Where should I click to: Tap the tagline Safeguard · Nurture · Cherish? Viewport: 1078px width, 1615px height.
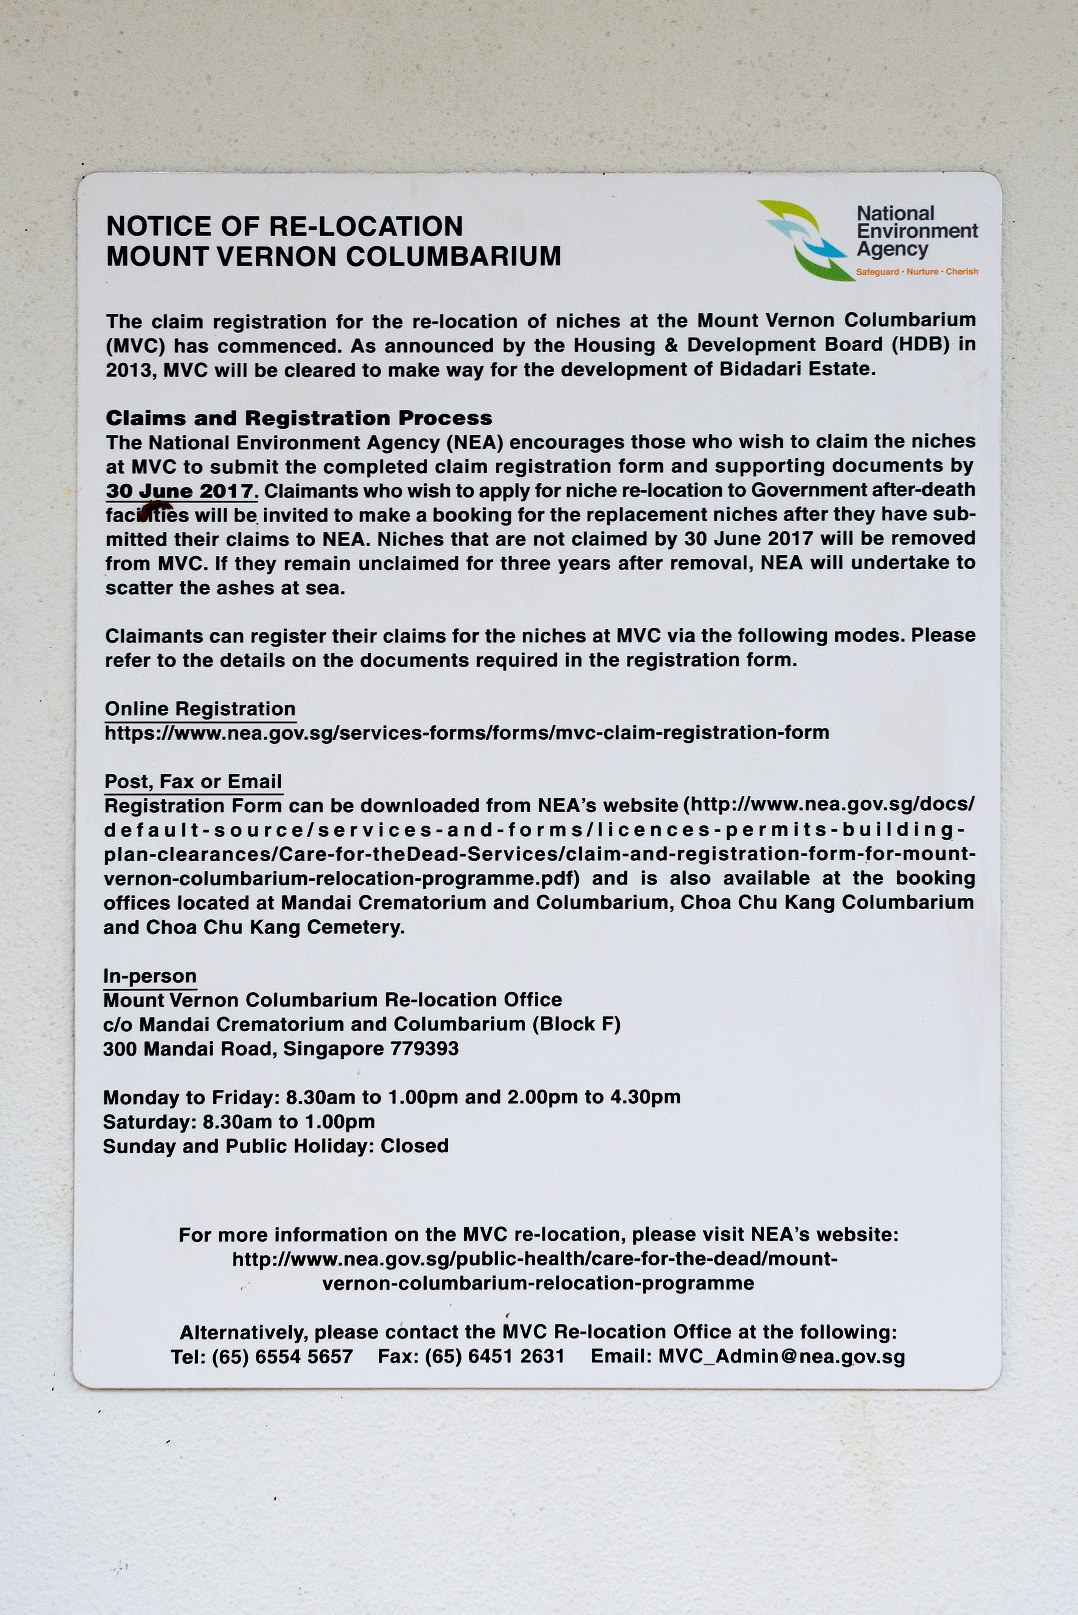(917, 272)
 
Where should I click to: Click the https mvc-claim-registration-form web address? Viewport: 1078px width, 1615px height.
(466, 733)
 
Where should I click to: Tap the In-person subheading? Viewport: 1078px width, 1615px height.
(150, 976)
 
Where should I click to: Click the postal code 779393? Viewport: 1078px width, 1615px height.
(424, 1049)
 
